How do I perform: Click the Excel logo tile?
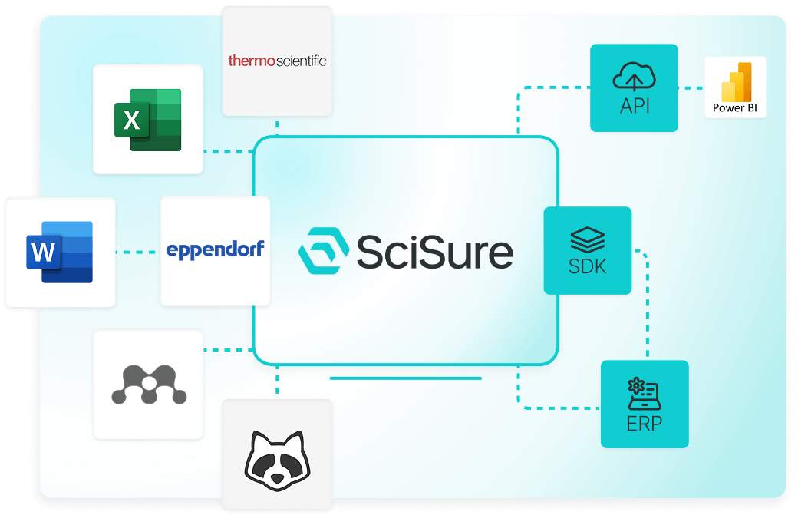pos(148,119)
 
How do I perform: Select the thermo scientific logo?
pos(277,60)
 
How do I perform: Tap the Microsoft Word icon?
pos(60,252)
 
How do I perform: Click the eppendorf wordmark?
pos(215,249)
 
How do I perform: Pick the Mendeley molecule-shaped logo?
pos(148,385)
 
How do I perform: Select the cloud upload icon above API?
pos(634,77)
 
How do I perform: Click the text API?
pos(634,106)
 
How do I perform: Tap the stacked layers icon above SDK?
pos(588,238)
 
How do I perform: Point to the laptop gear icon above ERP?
pos(645,393)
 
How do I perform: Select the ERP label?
pos(645,423)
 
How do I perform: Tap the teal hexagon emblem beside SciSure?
pos(323,250)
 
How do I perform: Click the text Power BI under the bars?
pos(735,108)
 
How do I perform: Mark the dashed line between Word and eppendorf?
pos(138,251)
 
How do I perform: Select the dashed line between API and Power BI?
pos(691,87)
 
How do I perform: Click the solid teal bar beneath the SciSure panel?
pos(405,378)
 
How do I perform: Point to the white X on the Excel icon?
pos(132,120)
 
